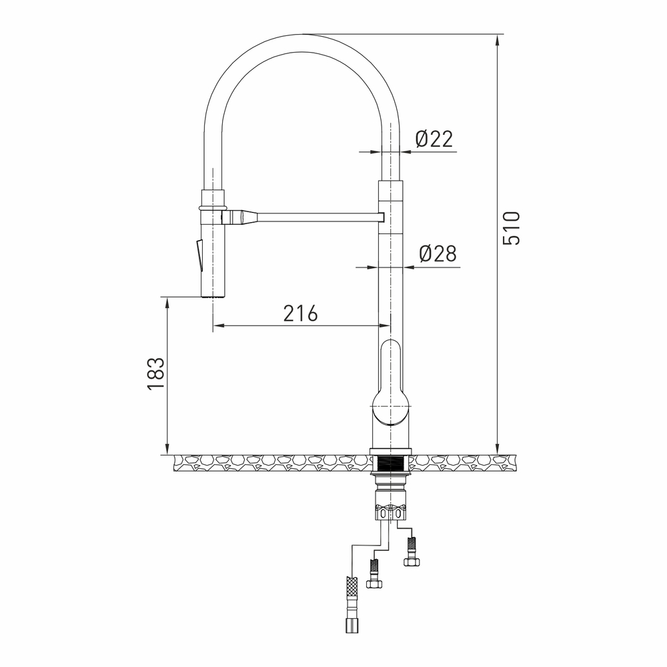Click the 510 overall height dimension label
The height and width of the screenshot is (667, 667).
tap(511, 227)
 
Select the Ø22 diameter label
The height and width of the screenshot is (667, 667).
tap(434, 139)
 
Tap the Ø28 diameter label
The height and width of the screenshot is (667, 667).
tap(437, 253)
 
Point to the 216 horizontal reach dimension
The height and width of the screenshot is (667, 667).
tap(300, 313)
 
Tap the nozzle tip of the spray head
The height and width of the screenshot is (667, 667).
tap(213, 292)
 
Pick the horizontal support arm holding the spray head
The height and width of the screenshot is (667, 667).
tap(313, 217)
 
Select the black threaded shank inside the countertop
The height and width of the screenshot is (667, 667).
tap(391, 464)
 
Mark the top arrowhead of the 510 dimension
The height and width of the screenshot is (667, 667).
tap(497, 40)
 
